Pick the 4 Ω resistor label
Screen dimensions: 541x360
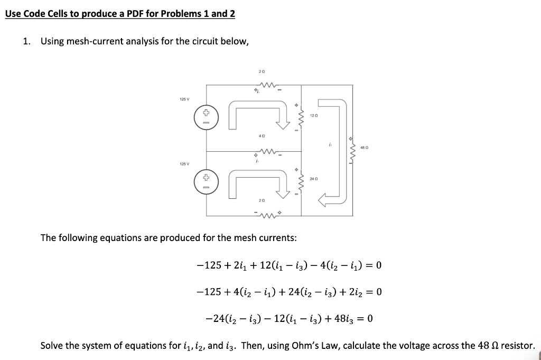click(x=262, y=135)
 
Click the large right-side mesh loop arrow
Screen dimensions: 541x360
click(x=333, y=153)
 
